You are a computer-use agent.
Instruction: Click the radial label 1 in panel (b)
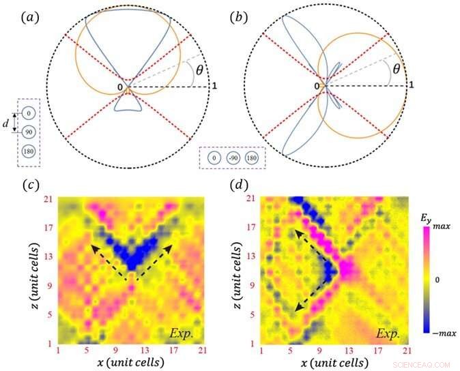tap(411, 84)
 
